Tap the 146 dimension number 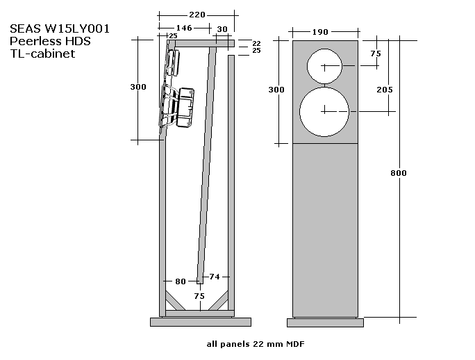[x=184, y=28]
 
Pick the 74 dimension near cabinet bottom [x=214, y=277]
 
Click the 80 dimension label [x=181, y=281]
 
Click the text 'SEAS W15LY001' [x=59, y=29]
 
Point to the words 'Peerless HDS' [x=50, y=42]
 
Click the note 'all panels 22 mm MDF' [x=256, y=344]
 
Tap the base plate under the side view [x=199, y=322]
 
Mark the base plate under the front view [x=326, y=322]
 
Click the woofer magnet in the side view [x=185, y=107]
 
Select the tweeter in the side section [x=172, y=63]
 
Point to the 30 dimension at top [x=222, y=28]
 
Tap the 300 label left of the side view [x=138, y=87]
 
